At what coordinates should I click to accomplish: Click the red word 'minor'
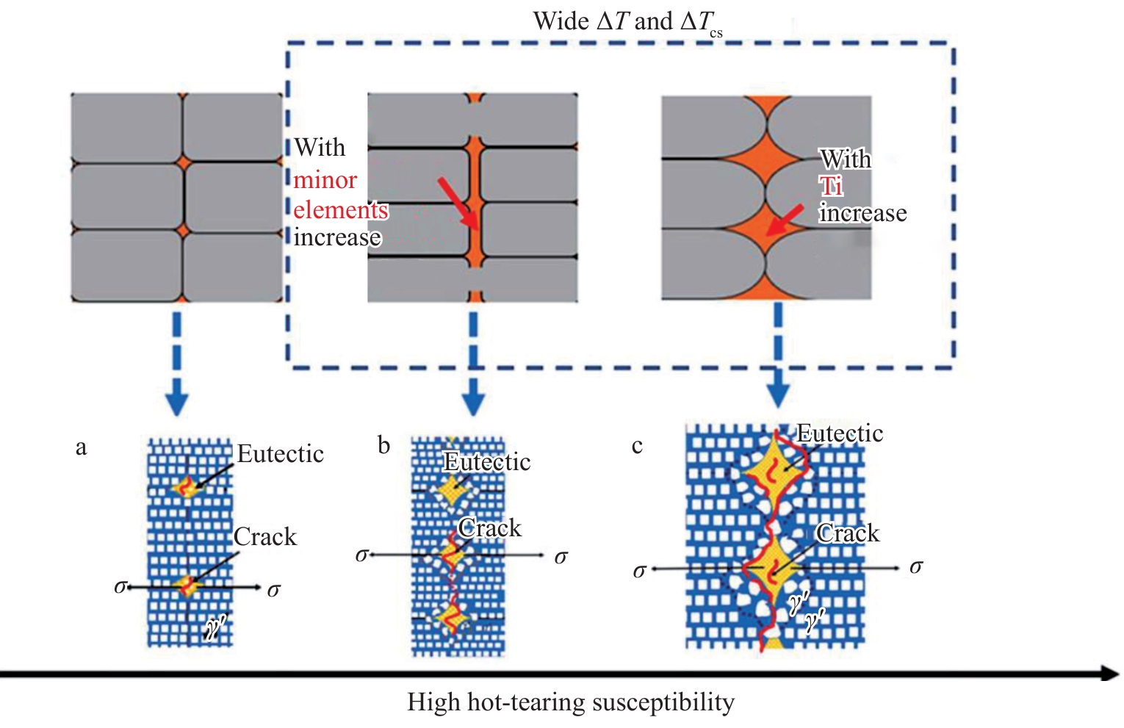coord(325,180)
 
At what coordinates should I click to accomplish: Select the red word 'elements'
coord(340,210)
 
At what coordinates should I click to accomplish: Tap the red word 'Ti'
coord(831,186)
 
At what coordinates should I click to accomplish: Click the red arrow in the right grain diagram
coord(784,220)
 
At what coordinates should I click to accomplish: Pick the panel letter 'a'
coord(81,447)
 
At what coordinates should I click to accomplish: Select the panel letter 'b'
coord(383,445)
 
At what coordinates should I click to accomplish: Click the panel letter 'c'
coord(637,446)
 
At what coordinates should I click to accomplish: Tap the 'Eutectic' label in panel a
coord(280,454)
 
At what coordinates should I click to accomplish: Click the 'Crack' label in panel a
coord(264,537)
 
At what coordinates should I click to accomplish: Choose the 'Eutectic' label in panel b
coord(487,462)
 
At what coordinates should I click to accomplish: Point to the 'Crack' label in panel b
coord(489,528)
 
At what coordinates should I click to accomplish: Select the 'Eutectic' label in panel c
coord(840,433)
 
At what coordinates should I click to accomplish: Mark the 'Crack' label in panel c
coord(848,533)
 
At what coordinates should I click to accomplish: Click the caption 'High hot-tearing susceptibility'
coord(571,702)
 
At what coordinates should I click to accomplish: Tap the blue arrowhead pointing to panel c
coord(778,394)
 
